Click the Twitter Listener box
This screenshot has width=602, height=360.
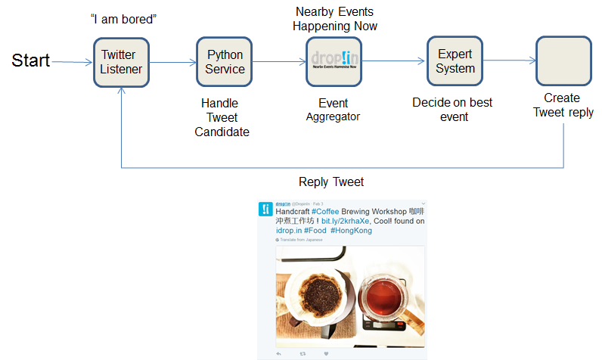122,62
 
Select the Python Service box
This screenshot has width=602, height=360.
225,62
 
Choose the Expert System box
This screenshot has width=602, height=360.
455,61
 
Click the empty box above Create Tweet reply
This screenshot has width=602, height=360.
563,61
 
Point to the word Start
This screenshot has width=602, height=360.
31,61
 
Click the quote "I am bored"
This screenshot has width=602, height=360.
123,17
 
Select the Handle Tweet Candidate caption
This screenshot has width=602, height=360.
222,117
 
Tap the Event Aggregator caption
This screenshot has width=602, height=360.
334,110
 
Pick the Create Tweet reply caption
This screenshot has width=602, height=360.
563,105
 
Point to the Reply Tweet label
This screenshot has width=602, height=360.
330,182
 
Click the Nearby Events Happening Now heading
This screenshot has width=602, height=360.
335,19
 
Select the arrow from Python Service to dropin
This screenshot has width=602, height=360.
279,62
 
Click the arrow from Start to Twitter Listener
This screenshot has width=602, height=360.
73,62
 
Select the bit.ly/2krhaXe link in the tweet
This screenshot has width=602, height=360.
345,222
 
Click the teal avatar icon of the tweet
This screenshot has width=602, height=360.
265,209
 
